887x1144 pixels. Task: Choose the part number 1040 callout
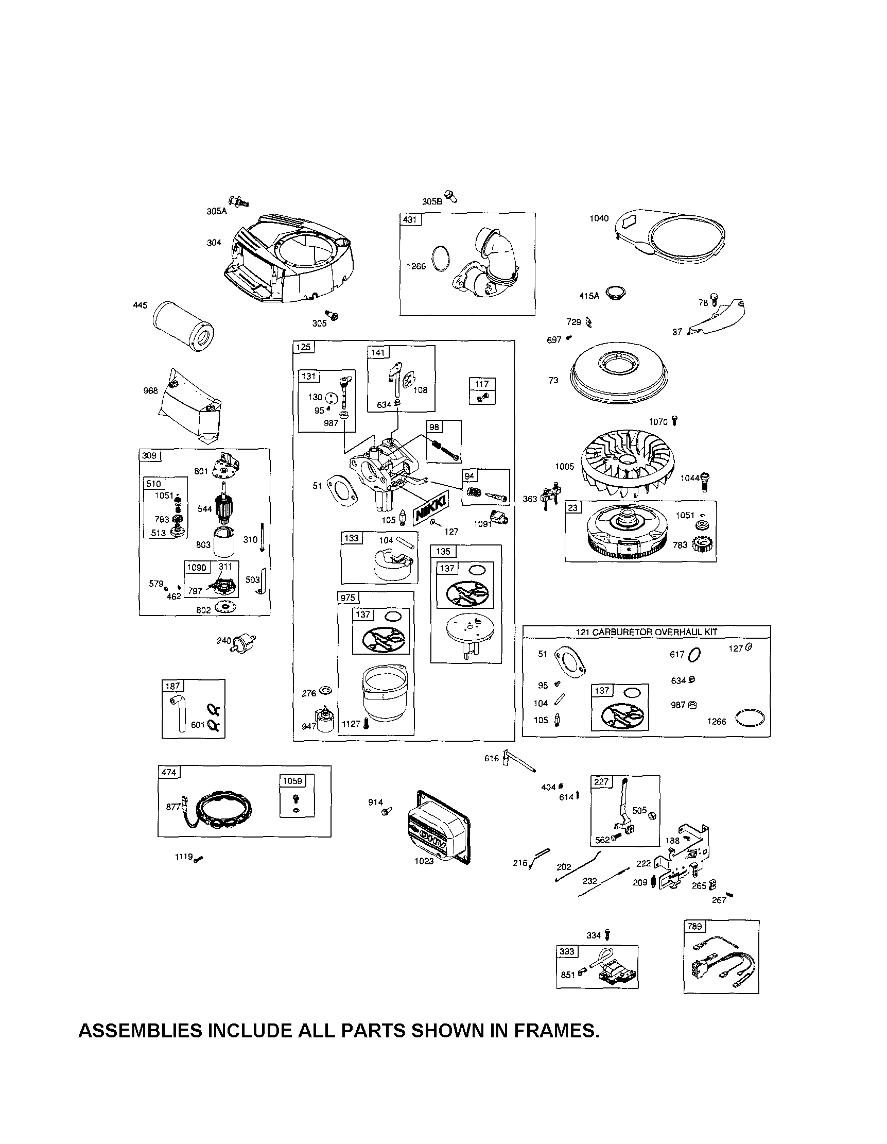coord(599,218)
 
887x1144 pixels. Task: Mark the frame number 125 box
coord(303,347)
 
